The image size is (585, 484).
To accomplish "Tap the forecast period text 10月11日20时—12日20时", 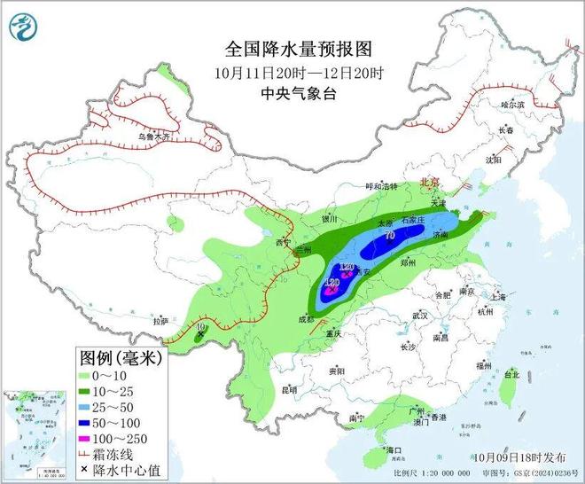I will tap(292, 72).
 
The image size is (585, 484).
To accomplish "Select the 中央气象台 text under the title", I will tap(292, 93).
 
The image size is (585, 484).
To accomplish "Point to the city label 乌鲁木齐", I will tap(152, 137).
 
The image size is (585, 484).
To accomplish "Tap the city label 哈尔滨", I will tap(513, 105).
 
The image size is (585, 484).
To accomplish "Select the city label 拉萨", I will tap(160, 321).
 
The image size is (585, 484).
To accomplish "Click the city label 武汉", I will tap(420, 316).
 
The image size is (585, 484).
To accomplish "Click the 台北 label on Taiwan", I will tap(511, 375).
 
